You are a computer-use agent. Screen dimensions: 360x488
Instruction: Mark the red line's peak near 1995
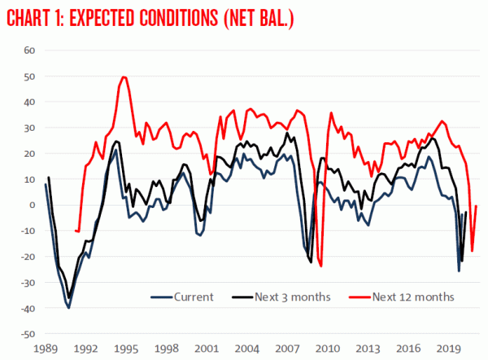pos(124,77)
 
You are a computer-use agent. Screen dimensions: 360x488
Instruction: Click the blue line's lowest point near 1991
pos(68,308)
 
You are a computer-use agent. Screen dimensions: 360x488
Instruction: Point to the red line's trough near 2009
pos(321,266)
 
